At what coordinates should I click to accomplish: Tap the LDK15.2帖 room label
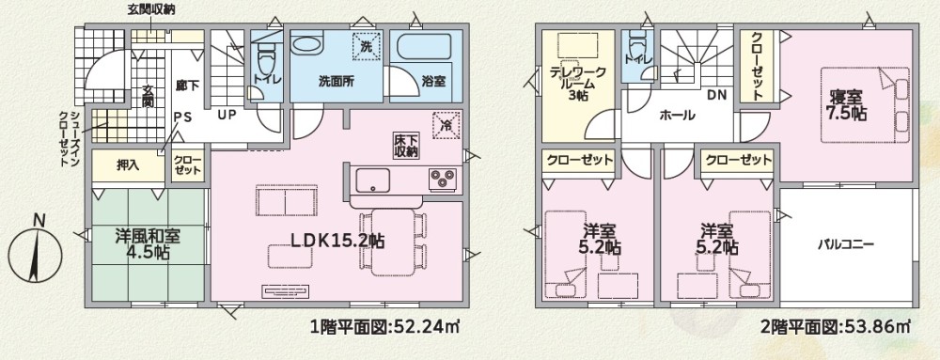tap(337, 241)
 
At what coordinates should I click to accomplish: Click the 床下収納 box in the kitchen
tap(406, 145)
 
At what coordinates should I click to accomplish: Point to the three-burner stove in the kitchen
tap(443, 179)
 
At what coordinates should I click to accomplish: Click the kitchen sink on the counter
tap(373, 180)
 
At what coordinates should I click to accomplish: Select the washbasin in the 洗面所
tap(306, 43)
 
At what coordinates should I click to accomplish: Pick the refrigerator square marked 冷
tap(446, 125)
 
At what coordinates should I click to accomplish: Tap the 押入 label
tap(128, 166)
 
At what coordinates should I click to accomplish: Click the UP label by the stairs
tap(227, 116)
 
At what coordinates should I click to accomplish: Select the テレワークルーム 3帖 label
tap(578, 83)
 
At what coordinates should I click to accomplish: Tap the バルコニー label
tap(847, 244)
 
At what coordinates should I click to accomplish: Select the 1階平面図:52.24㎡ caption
tap(384, 327)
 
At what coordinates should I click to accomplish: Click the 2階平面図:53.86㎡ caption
tap(835, 327)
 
